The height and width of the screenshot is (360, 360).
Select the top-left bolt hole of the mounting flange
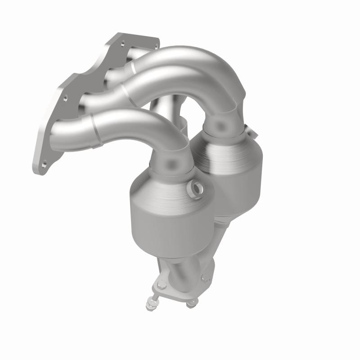122,44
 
